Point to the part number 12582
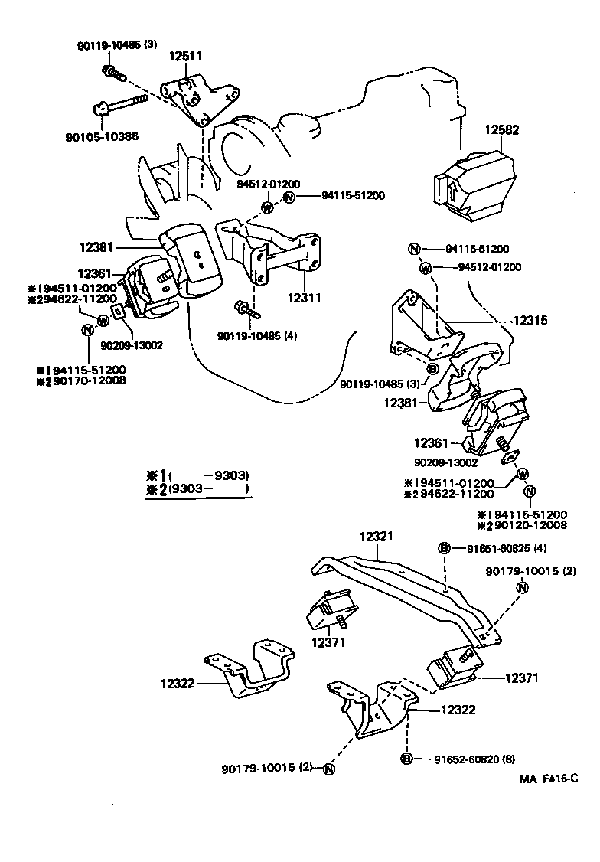tap(501, 130)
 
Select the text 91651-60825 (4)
tap(503, 548)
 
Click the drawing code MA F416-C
tap(547, 779)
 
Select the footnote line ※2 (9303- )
tap(197, 488)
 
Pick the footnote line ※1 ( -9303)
tap(197, 475)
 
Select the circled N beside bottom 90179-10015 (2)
tap(328, 769)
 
